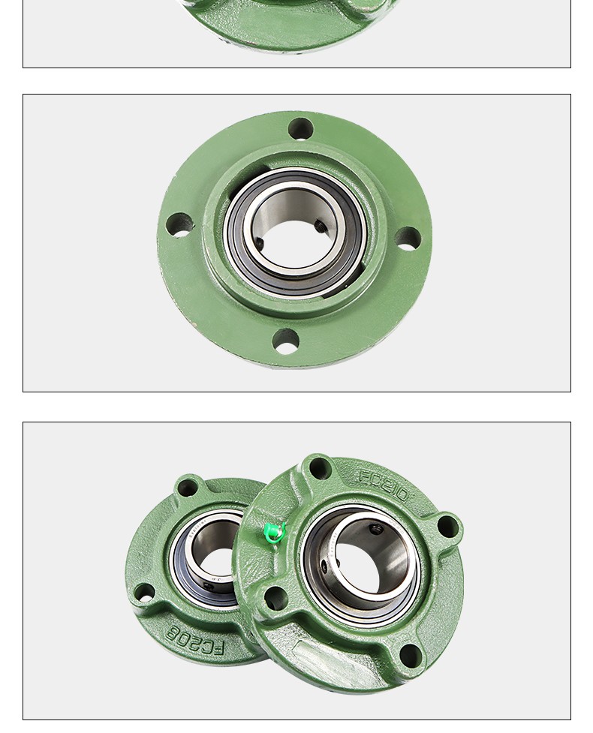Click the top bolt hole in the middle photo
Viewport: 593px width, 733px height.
point(300,129)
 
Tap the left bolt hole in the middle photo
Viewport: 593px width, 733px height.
point(179,225)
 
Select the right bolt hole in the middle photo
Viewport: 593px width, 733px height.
point(408,239)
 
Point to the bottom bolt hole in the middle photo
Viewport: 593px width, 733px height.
point(285,342)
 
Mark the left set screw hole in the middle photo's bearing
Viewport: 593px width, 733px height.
point(259,243)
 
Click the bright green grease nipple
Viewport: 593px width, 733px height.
point(274,533)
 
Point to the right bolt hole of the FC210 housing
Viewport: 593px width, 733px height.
point(447,526)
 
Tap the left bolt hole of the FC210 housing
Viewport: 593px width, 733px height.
point(275,598)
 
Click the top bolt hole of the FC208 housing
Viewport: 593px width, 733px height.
point(187,488)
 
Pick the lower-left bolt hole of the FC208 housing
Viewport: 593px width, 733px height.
point(143,593)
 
